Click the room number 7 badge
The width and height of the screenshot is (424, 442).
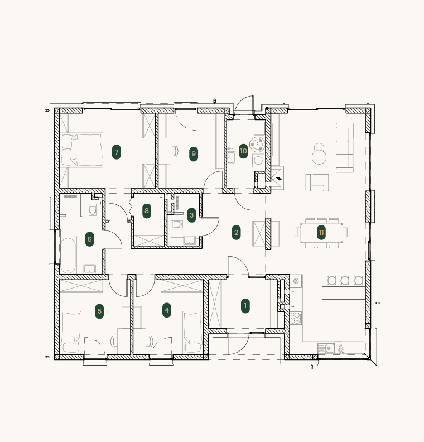[x=117, y=152]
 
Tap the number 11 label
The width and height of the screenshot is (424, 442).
[x=321, y=232]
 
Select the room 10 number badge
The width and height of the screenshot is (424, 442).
[x=243, y=151]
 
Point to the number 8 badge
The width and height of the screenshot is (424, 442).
[x=147, y=210]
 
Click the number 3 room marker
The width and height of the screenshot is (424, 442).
[x=191, y=215]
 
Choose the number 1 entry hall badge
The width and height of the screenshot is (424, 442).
[x=245, y=306]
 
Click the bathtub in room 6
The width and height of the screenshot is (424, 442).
[x=68, y=256]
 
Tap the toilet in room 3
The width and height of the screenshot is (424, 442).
[x=177, y=224]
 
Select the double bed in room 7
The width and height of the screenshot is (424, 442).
[x=81, y=150]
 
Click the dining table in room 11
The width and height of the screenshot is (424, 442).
[x=321, y=233]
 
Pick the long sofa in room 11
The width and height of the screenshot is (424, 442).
[x=345, y=147]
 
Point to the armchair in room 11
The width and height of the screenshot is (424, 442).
[x=317, y=182]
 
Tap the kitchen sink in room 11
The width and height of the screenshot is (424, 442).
[x=326, y=348]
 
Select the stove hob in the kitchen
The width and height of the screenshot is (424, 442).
[x=296, y=318]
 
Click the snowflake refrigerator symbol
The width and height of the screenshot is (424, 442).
[x=296, y=281]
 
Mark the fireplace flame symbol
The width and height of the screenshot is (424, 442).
[x=278, y=179]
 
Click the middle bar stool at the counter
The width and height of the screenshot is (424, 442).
[x=345, y=281]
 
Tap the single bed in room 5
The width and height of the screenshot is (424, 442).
[x=71, y=332]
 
